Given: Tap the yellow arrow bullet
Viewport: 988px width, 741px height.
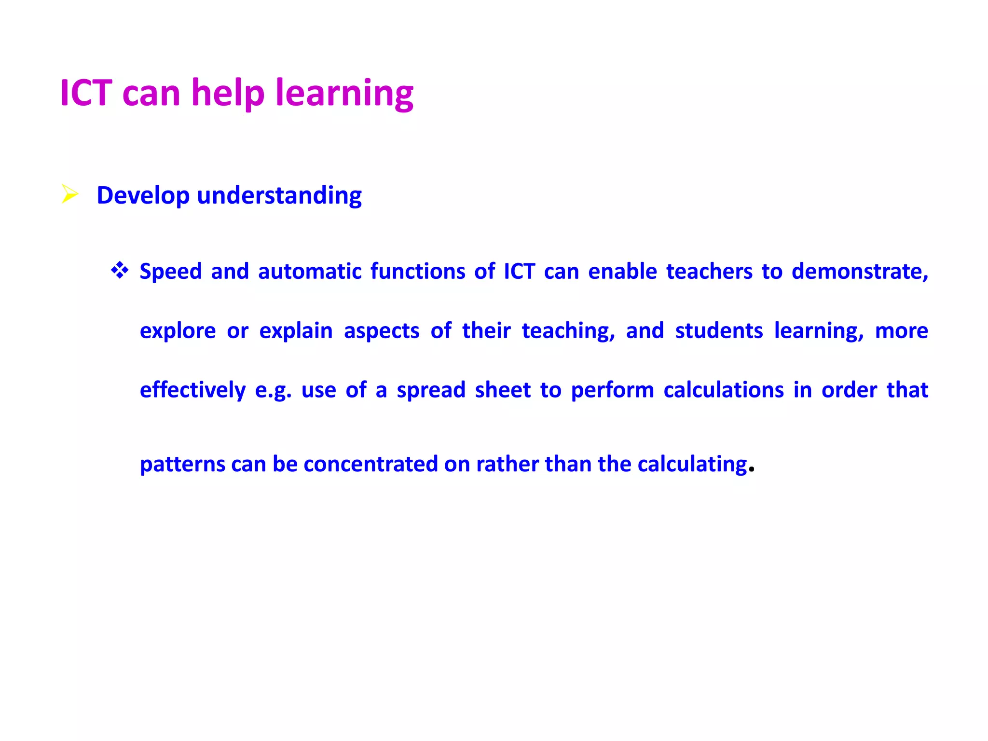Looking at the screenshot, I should [x=70, y=194].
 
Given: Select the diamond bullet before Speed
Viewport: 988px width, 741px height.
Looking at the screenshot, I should [x=119, y=270].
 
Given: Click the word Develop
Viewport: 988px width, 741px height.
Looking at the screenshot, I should [x=143, y=196].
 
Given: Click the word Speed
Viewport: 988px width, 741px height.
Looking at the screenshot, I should [x=170, y=272].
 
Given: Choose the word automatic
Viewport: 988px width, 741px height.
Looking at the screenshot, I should [x=310, y=272].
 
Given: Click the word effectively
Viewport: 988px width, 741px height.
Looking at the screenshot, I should [x=192, y=390].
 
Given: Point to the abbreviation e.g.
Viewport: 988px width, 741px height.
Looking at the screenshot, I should [x=273, y=390].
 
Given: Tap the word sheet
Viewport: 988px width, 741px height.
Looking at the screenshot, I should [x=503, y=390].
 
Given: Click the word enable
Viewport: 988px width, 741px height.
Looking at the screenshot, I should [x=622, y=272].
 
